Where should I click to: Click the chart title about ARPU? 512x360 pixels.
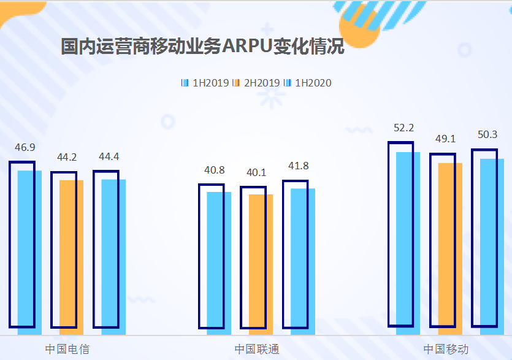pyautogui.click(x=202, y=47)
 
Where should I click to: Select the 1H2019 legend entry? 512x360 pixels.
pyautogui.click(x=205, y=83)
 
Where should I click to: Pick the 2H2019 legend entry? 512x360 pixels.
pyautogui.click(x=257, y=83)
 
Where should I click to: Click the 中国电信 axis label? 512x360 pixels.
pyautogui.click(x=67, y=349)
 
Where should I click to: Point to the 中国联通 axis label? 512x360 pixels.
pyautogui.click(x=257, y=349)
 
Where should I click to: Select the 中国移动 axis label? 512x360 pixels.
pyautogui.click(x=446, y=349)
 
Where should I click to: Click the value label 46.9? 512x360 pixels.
pyautogui.click(x=25, y=147)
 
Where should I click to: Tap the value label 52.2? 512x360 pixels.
pyautogui.click(x=404, y=128)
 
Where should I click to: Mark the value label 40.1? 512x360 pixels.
pyautogui.click(x=256, y=172)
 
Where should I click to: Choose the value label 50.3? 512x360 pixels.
pyautogui.click(x=487, y=135)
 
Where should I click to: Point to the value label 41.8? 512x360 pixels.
pyautogui.click(x=299, y=166)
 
